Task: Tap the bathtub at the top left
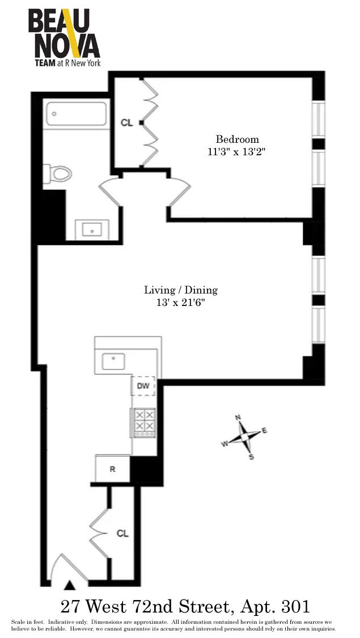click(77, 114)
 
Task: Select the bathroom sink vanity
click(91, 229)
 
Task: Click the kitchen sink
click(113, 360)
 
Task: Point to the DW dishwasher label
click(143, 386)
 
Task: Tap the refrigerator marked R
click(113, 469)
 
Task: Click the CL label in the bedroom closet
click(126, 122)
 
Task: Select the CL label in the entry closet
click(122, 533)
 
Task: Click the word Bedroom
click(237, 139)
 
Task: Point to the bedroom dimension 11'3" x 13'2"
click(237, 152)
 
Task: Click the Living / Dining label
click(180, 290)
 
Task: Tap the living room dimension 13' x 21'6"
click(180, 303)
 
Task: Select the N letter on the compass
click(238, 418)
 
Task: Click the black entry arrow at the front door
click(70, 585)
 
